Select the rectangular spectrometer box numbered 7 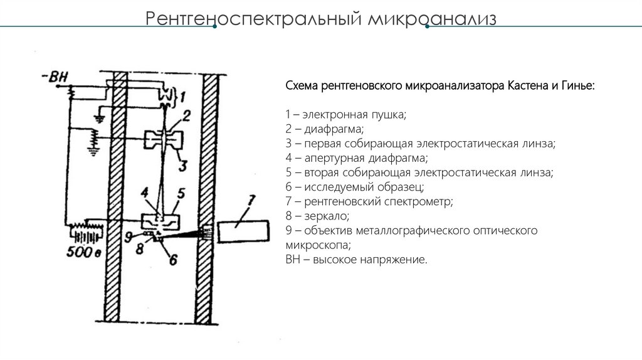241,233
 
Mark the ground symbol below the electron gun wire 99,117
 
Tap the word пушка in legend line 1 388,115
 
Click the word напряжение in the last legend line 394,260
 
